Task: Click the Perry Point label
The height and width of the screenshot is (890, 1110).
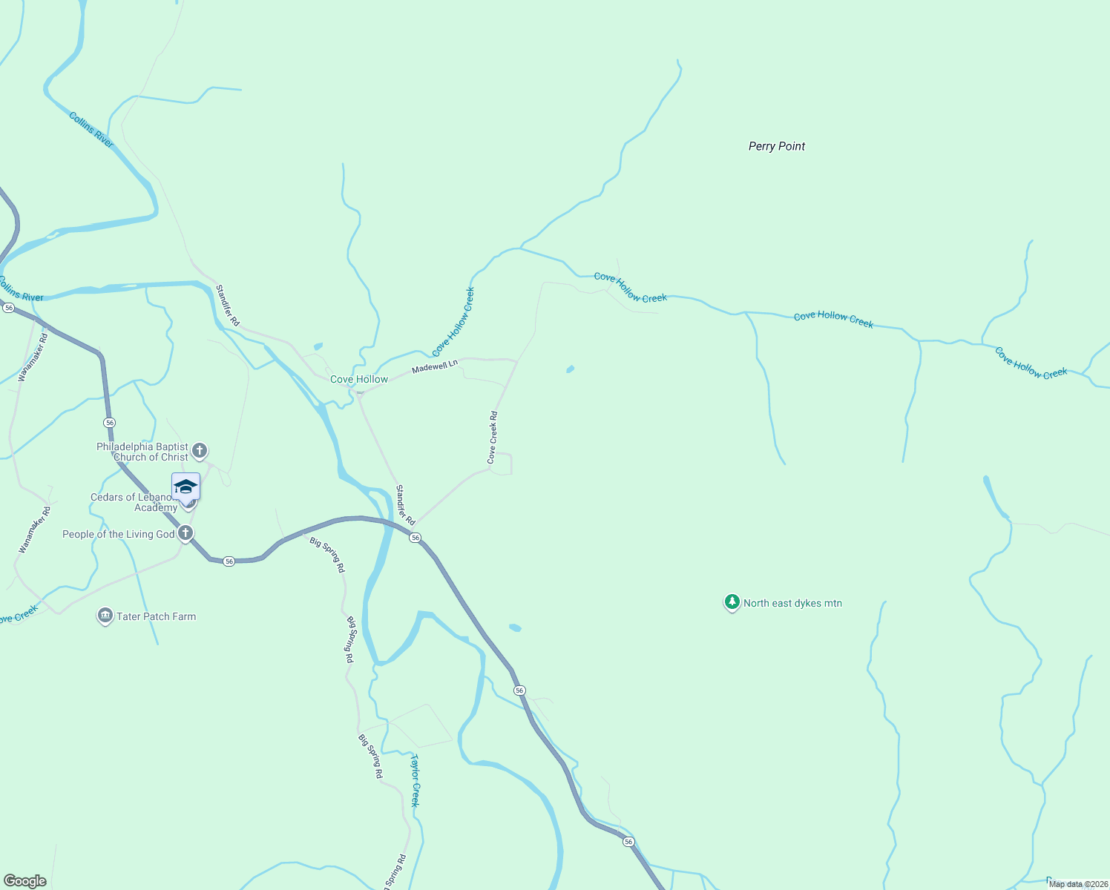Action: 776,146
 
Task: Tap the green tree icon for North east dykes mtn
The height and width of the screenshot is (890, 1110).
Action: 732,602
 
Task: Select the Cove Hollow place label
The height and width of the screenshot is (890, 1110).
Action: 359,379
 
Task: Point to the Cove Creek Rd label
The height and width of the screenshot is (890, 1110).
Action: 493,438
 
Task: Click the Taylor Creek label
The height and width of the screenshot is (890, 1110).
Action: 415,780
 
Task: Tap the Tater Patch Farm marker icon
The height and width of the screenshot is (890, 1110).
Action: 105,616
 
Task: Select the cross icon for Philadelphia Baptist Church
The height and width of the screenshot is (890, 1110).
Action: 199,450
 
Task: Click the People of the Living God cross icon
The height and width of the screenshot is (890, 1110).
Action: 185,533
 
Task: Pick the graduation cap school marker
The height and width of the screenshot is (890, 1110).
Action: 185,487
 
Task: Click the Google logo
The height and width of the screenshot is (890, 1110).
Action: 24,881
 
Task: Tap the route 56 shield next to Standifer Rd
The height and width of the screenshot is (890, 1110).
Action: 416,537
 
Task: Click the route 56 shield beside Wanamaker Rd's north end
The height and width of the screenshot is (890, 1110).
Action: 9,307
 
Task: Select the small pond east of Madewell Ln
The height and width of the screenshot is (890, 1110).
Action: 570,369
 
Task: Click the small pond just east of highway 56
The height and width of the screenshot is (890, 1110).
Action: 515,627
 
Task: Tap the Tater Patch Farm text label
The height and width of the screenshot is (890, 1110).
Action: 156,616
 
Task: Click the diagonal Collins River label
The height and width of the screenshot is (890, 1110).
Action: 91,130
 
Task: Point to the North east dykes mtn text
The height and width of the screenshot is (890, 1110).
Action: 792,603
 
